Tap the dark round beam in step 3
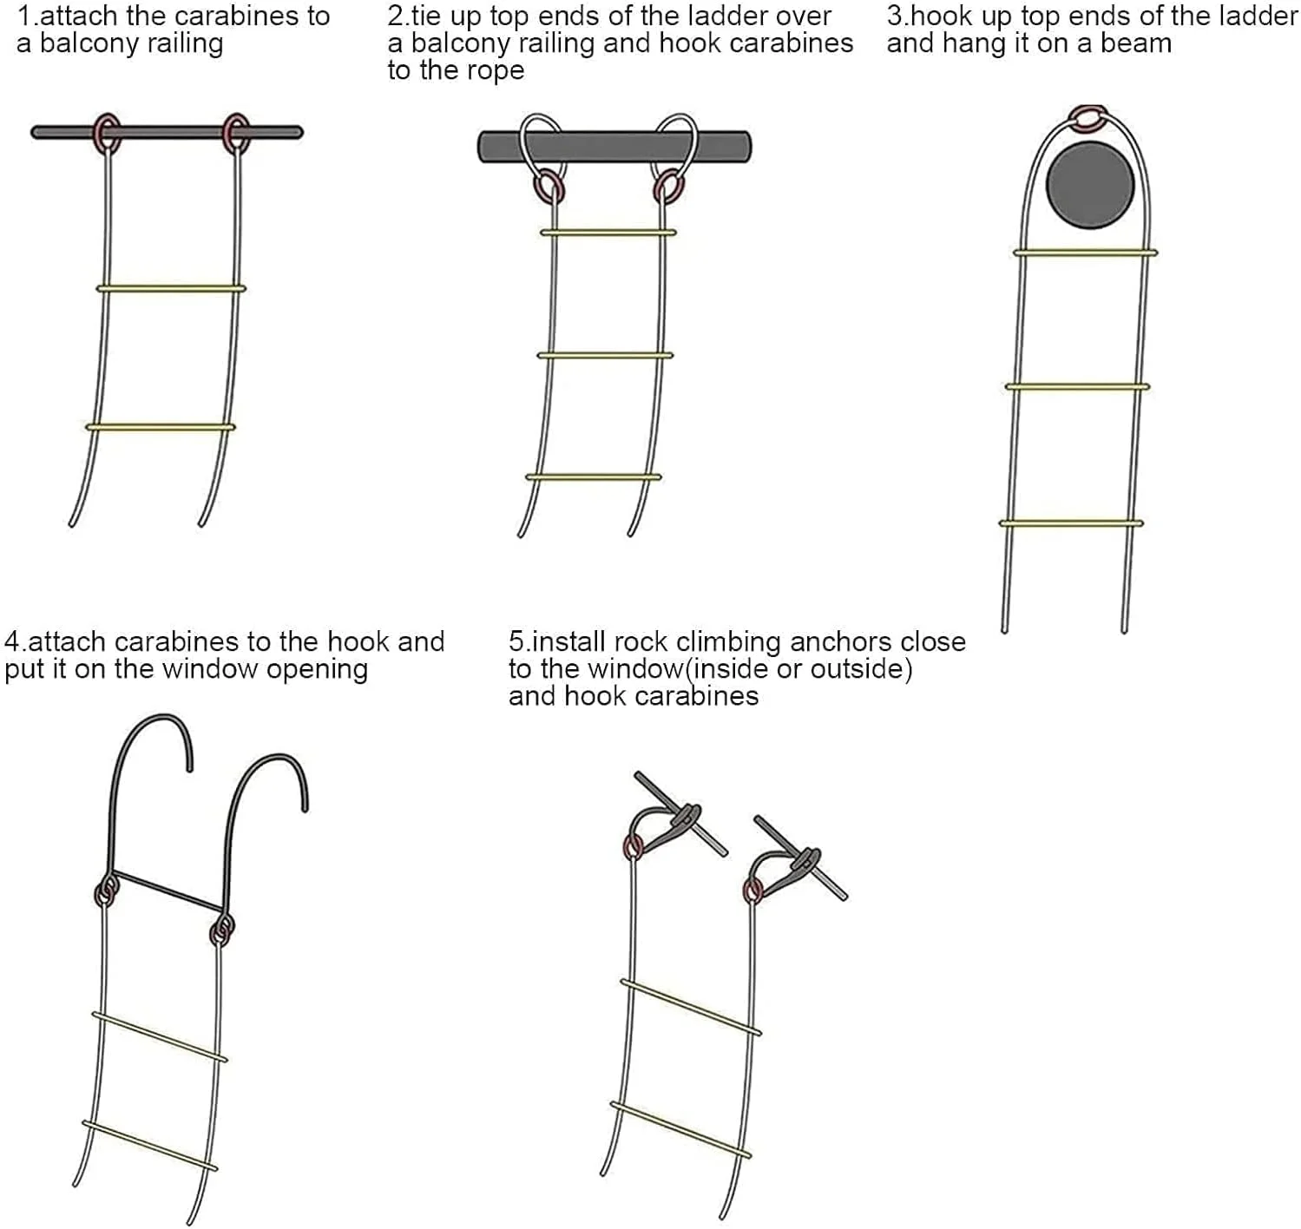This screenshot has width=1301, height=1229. [1090, 186]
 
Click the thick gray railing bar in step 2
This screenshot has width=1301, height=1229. [614, 147]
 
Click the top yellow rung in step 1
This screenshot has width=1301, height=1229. [171, 288]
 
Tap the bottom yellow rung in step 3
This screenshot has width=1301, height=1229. [1071, 523]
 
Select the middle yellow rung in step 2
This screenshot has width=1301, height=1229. [605, 356]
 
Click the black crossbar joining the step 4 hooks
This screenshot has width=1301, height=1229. [169, 891]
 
